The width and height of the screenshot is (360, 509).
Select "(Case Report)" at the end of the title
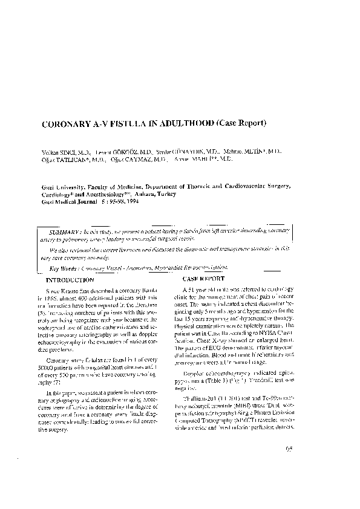click(x=241, y=124)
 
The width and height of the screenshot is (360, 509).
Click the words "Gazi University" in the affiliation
click(x=64, y=189)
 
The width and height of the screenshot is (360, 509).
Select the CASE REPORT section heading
click(x=202, y=279)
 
